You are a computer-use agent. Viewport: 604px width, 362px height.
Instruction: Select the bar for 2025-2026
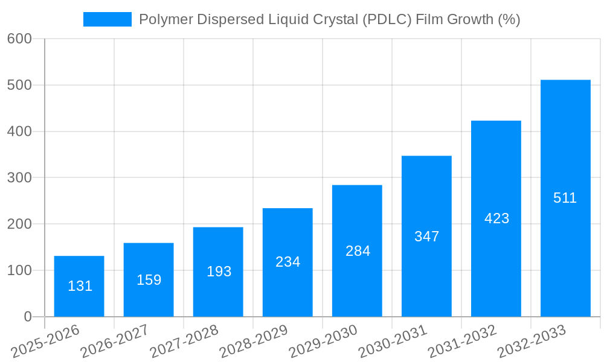pos(79,286)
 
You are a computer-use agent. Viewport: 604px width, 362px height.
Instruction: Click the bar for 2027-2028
pos(218,271)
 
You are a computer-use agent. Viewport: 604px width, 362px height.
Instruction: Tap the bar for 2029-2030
pos(357,250)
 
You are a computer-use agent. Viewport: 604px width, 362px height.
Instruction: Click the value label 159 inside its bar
pos(149,280)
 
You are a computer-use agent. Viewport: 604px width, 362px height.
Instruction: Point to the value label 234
pos(288,262)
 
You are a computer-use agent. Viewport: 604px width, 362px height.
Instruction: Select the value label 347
pos(426,237)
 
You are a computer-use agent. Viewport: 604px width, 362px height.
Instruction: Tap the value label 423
pos(496,218)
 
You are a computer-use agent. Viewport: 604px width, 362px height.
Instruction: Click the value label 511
pos(565,198)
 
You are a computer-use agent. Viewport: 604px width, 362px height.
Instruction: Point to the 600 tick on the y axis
pos(19,39)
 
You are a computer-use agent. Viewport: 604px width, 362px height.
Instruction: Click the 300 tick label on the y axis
pos(19,177)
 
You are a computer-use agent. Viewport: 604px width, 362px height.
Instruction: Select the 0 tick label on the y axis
pos(28,317)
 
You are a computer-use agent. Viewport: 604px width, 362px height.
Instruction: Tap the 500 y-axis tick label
pos(19,85)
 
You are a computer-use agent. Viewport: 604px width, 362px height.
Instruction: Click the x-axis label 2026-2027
pos(114,341)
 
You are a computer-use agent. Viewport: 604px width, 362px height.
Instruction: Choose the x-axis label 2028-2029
pos(253,341)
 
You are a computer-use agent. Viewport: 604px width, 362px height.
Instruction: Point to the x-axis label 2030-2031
pos(392,341)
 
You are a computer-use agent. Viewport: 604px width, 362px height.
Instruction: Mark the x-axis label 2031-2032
pos(461,341)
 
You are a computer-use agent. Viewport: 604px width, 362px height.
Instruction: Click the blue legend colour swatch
pos(108,19)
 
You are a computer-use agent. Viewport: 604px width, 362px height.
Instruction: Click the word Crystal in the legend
pos(335,19)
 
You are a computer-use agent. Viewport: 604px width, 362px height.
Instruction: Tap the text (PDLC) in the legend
pos(387,19)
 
